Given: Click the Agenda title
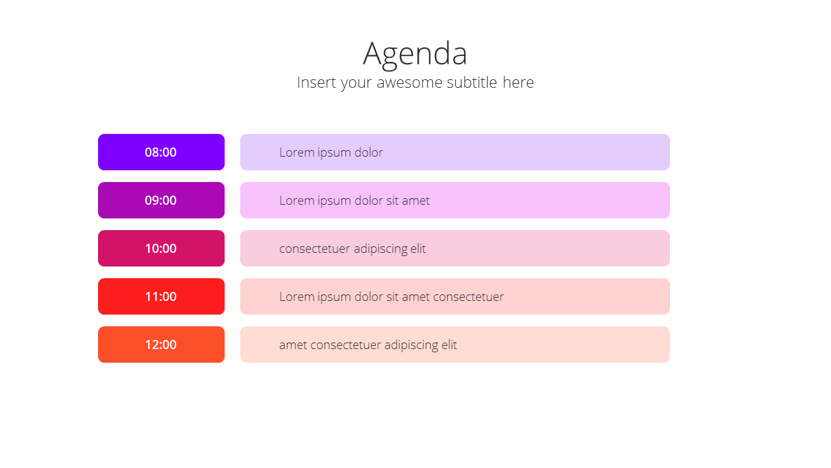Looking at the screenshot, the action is (x=415, y=54).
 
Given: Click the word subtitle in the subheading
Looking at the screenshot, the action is (x=471, y=82).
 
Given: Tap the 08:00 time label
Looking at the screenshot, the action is (x=160, y=152).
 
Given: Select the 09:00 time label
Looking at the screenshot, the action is (x=160, y=200).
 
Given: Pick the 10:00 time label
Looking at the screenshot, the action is (x=160, y=248).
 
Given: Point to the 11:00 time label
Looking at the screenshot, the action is (x=160, y=296).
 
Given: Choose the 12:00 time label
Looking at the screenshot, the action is (x=160, y=344).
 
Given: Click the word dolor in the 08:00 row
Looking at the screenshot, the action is (x=368, y=152).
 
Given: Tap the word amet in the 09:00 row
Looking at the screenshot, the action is (x=415, y=201).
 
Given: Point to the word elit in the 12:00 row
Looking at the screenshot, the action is (x=449, y=344).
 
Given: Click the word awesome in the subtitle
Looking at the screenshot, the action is (x=410, y=83).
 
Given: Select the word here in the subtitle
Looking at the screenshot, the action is (x=518, y=82).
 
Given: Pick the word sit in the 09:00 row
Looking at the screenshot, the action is (x=392, y=200).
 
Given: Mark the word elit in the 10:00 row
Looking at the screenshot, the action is (x=418, y=248).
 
